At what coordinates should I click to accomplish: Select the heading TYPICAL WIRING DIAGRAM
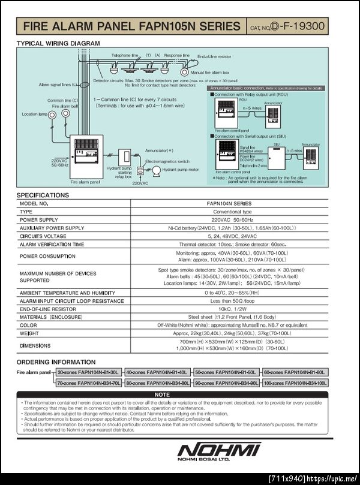click(58, 43)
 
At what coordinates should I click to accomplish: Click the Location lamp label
click(35, 113)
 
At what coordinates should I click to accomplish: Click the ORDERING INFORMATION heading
click(56, 362)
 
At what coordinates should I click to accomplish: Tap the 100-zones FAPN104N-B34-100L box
click(295, 382)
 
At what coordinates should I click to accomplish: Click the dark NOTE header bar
click(162, 394)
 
